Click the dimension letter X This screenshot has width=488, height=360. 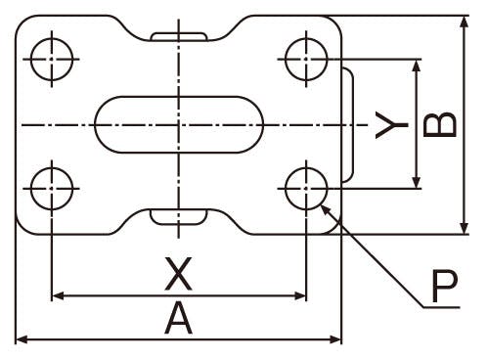coord(178,274)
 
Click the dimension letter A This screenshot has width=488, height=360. coord(178,318)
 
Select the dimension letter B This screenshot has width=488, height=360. coord(439,124)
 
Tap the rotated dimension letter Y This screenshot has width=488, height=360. coord(392,125)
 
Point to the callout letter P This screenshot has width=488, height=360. coord(445,286)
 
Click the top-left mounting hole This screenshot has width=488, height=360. coord(52,60)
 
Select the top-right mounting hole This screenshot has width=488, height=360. coord(306,60)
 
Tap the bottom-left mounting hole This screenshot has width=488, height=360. coord(52,189)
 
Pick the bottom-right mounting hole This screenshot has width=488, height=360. coord(306,189)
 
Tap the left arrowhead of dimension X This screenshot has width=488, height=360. coord(58,296)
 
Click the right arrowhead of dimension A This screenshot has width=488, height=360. coord(335,339)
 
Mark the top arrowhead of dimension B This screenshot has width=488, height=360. coord(465,22)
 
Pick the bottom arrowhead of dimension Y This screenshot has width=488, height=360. coord(416,183)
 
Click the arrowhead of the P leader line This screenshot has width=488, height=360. coord(326,208)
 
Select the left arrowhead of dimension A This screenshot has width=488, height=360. coord(22,339)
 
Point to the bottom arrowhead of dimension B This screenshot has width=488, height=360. coord(465,228)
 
